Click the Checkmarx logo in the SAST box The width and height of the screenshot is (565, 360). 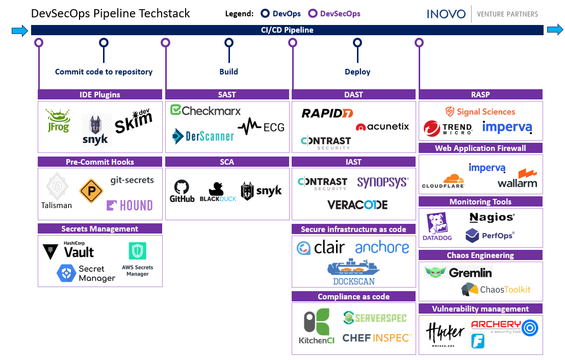[x=205, y=111]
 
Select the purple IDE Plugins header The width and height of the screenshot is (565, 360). [x=100, y=94]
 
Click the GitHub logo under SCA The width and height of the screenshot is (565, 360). [x=182, y=191]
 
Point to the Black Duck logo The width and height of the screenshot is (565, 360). [x=218, y=192]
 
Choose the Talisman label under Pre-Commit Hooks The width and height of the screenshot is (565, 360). [x=57, y=205]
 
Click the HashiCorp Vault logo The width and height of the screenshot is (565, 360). [x=69, y=250]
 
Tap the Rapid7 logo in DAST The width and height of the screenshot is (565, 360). [x=327, y=113]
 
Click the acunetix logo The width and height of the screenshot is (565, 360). [x=382, y=126]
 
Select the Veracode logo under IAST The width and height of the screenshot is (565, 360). [x=357, y=205]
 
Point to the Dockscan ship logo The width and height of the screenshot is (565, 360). [x=353, y=272]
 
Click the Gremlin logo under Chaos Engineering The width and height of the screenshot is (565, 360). [x=458, y=272]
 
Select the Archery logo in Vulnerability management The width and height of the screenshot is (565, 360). [x=504, y=327]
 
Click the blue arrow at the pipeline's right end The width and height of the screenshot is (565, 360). [x=555, y=30]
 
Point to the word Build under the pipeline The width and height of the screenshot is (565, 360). [x=229, y=72]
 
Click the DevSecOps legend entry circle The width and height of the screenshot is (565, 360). [x=313, y=14]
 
